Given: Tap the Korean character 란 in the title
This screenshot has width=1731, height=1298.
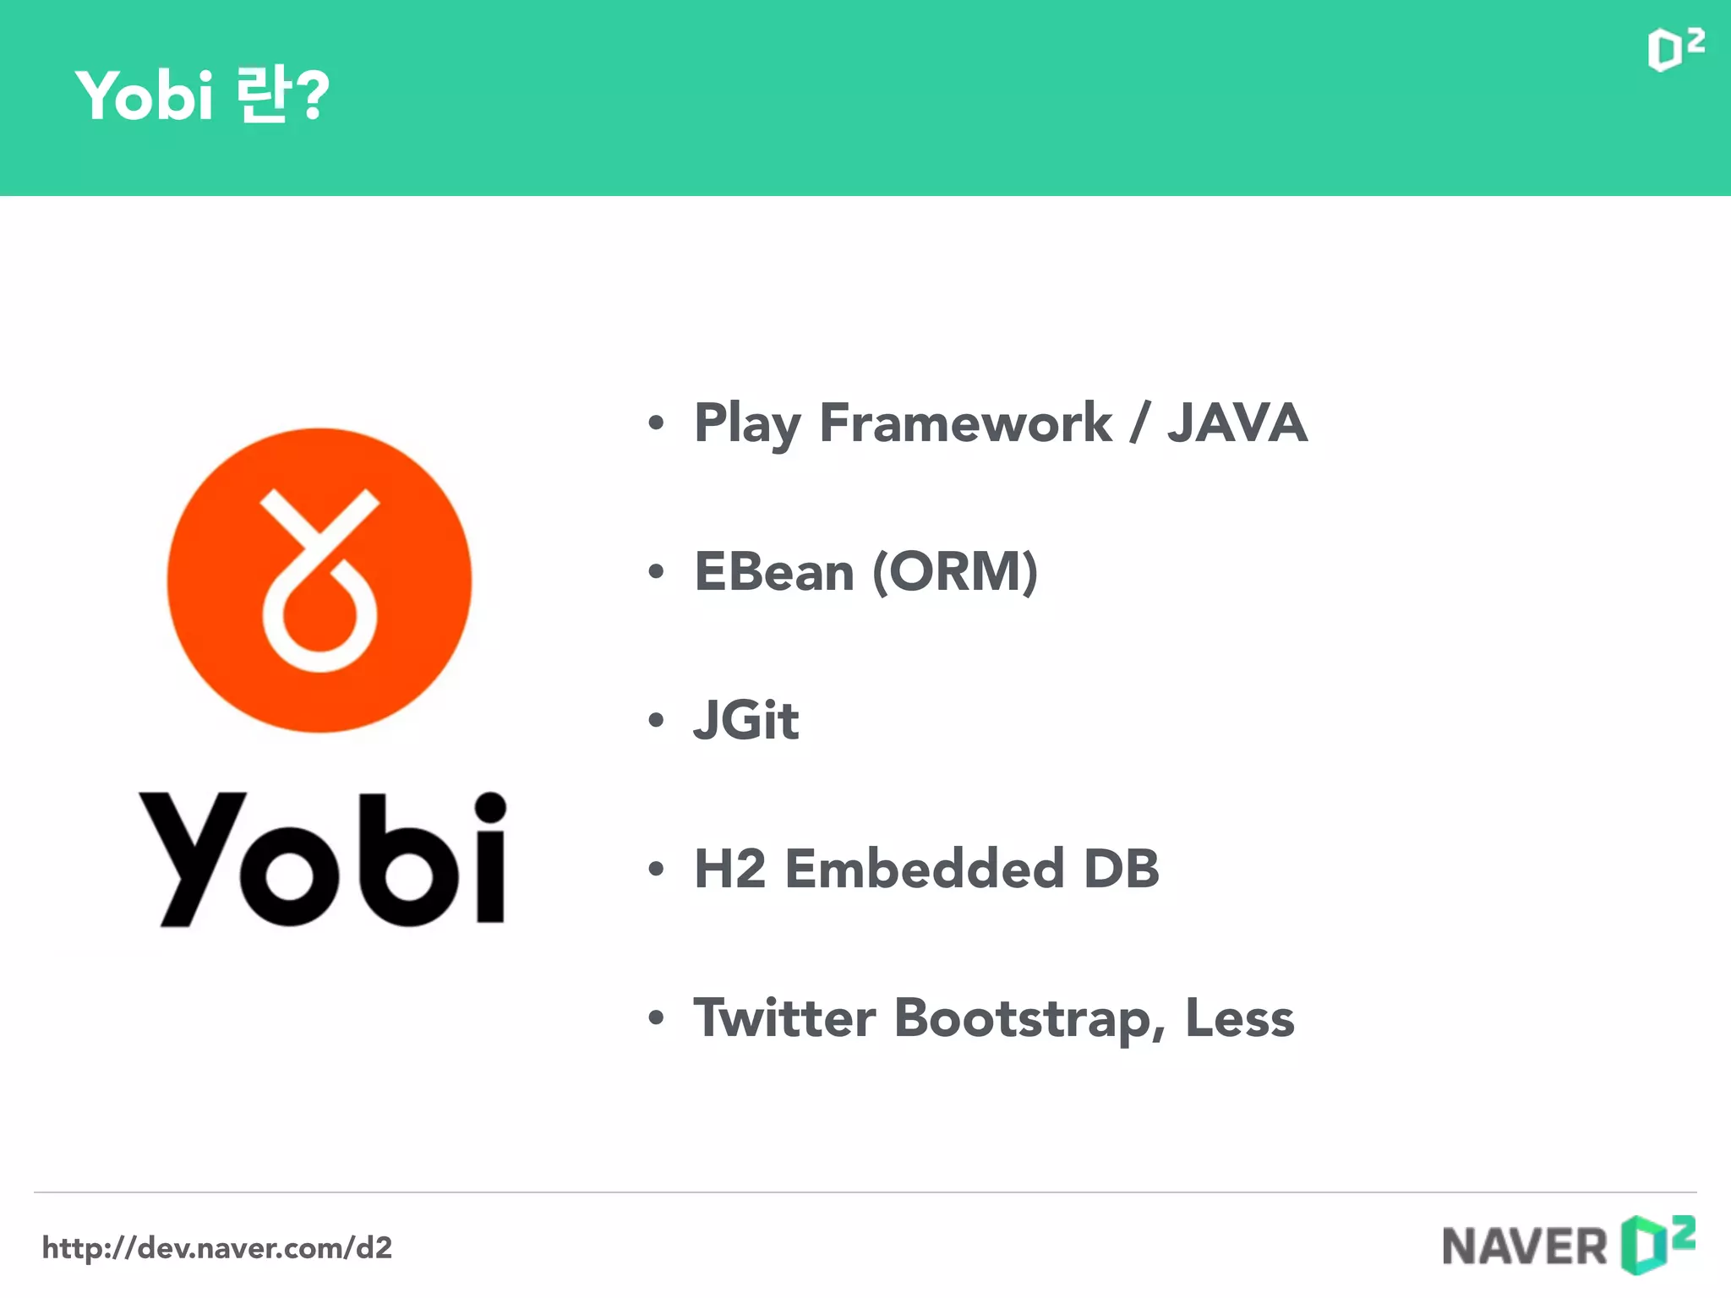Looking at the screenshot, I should point(262,95).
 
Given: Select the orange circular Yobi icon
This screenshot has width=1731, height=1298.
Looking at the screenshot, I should point(319,580).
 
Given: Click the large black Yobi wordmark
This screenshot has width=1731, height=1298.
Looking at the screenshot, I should point(322,859).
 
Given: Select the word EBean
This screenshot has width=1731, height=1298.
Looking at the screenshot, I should point(774,572).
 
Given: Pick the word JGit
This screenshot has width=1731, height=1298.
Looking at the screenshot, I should point(745,720).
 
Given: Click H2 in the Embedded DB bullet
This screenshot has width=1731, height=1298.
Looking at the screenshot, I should point(729,869).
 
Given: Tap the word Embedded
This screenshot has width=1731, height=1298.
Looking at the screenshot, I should point(925,869).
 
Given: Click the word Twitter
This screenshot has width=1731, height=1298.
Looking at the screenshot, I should point(784,1017).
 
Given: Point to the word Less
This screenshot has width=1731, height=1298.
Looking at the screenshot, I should point(1239,1017).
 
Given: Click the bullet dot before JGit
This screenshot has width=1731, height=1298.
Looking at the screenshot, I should point(656,721).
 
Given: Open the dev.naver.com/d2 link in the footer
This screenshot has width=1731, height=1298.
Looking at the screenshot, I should point(217,1247).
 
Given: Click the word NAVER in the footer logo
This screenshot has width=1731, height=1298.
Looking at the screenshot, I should point(1524,1246).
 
